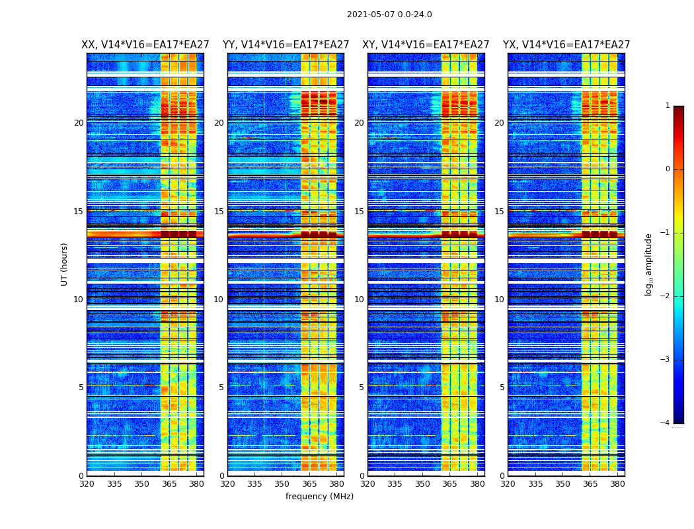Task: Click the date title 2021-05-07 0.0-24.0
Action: (x=389, y=15)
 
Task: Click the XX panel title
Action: (x=145, y=45)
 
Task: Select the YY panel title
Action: (x=286, y=45)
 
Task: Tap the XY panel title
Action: (x=426, y=45)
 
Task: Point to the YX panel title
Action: (x=566, y=45)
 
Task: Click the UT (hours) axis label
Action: (x=65, y=264)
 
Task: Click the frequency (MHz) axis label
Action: (x=319, y=497)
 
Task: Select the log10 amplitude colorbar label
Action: (x=649, y=264)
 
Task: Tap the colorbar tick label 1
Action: (x=668, y=106)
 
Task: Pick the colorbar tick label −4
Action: (x=666, y=423)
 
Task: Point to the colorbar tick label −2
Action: (x=666, y=296)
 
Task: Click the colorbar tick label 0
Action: (x=668, y=169)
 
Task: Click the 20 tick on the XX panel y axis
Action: (x=79, y=123)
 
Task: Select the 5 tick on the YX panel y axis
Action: (x=502, y=387)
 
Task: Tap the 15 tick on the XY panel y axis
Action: (x=359, y=212)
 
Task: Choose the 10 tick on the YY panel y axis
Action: (x=219, y=300)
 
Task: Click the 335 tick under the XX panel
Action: (x=114, y=484)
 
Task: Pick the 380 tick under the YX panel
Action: (x=617, y=484)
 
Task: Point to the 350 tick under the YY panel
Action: (x=282, y=484)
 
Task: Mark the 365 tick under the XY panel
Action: (x=449, y=484)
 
